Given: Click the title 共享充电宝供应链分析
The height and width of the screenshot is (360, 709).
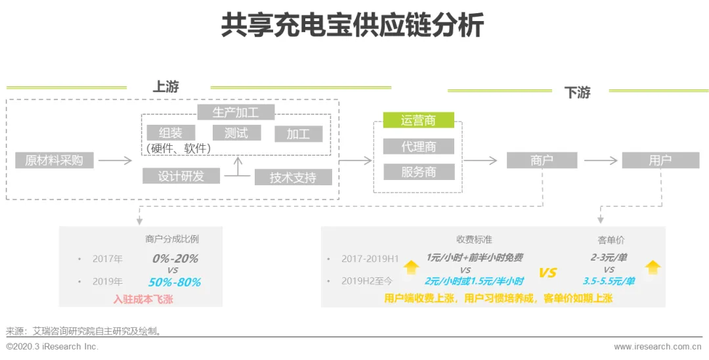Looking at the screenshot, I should tap(353, 26).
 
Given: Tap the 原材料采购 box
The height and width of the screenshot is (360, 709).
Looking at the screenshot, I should tap(54, 160).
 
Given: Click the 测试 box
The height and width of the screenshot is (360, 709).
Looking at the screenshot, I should tap(236, 133).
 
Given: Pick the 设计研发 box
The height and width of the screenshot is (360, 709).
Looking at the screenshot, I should tap(181, 176).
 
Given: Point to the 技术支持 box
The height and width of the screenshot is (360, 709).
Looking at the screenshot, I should tap(293, 177).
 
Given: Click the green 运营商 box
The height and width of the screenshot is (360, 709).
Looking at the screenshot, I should tap(418, 120).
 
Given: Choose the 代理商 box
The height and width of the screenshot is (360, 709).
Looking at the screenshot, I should tap(418, 146).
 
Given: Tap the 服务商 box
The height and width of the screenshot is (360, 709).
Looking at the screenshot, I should tap(418, 172).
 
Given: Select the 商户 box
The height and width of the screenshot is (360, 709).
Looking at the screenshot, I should tap(542, 160).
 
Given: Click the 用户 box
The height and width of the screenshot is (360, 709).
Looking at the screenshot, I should tap(660, 160).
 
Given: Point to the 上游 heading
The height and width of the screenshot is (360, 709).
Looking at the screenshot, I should tap(166, 87).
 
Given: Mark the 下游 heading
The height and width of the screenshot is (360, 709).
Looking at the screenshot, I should tap(578, 93).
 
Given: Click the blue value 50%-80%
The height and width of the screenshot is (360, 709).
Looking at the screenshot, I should tap(174, 282).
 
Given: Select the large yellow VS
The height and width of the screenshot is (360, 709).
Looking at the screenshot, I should tap(548, 273).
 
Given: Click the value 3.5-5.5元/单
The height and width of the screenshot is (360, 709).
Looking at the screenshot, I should tap(609, 281).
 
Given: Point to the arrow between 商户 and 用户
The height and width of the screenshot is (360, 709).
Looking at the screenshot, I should tap(601, 160).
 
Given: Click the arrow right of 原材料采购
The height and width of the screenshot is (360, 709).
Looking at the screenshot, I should tap(116, 160).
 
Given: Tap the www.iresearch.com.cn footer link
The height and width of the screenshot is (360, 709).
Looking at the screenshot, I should tap(658, 346).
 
